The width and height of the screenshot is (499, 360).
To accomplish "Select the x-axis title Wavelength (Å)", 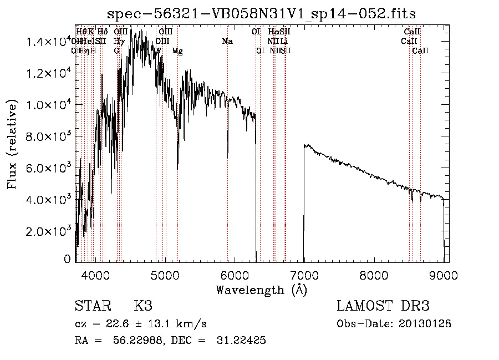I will coord(261,290).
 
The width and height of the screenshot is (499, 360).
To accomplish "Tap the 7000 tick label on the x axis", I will coord(304,274).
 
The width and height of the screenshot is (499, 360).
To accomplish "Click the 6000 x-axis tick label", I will coord(235,274).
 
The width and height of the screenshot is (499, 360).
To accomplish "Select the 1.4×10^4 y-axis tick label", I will coord(47,42).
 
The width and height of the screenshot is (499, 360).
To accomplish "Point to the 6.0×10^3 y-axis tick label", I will coord(47,168).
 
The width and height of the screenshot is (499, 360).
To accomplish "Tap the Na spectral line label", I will coord(227,42).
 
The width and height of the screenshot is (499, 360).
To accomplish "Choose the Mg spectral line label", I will coord(177,51).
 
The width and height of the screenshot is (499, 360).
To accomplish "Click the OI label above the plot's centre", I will coord(256,32).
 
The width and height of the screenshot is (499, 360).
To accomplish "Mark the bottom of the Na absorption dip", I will coord(228,157).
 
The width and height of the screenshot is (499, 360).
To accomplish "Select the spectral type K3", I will coord(143,307).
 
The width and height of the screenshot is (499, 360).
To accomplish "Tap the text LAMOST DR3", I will coord(383,307).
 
